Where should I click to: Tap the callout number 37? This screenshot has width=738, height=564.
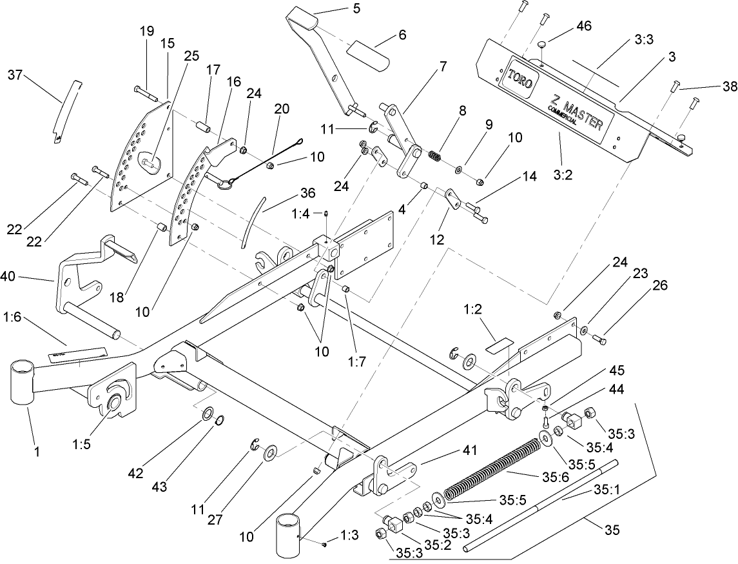tap(15, 76)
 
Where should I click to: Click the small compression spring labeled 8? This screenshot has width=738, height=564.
tap(437, 157)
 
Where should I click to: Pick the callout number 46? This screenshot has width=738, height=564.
tap(584, 26)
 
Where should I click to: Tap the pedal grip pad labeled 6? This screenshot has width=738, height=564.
tap(370, 55)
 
